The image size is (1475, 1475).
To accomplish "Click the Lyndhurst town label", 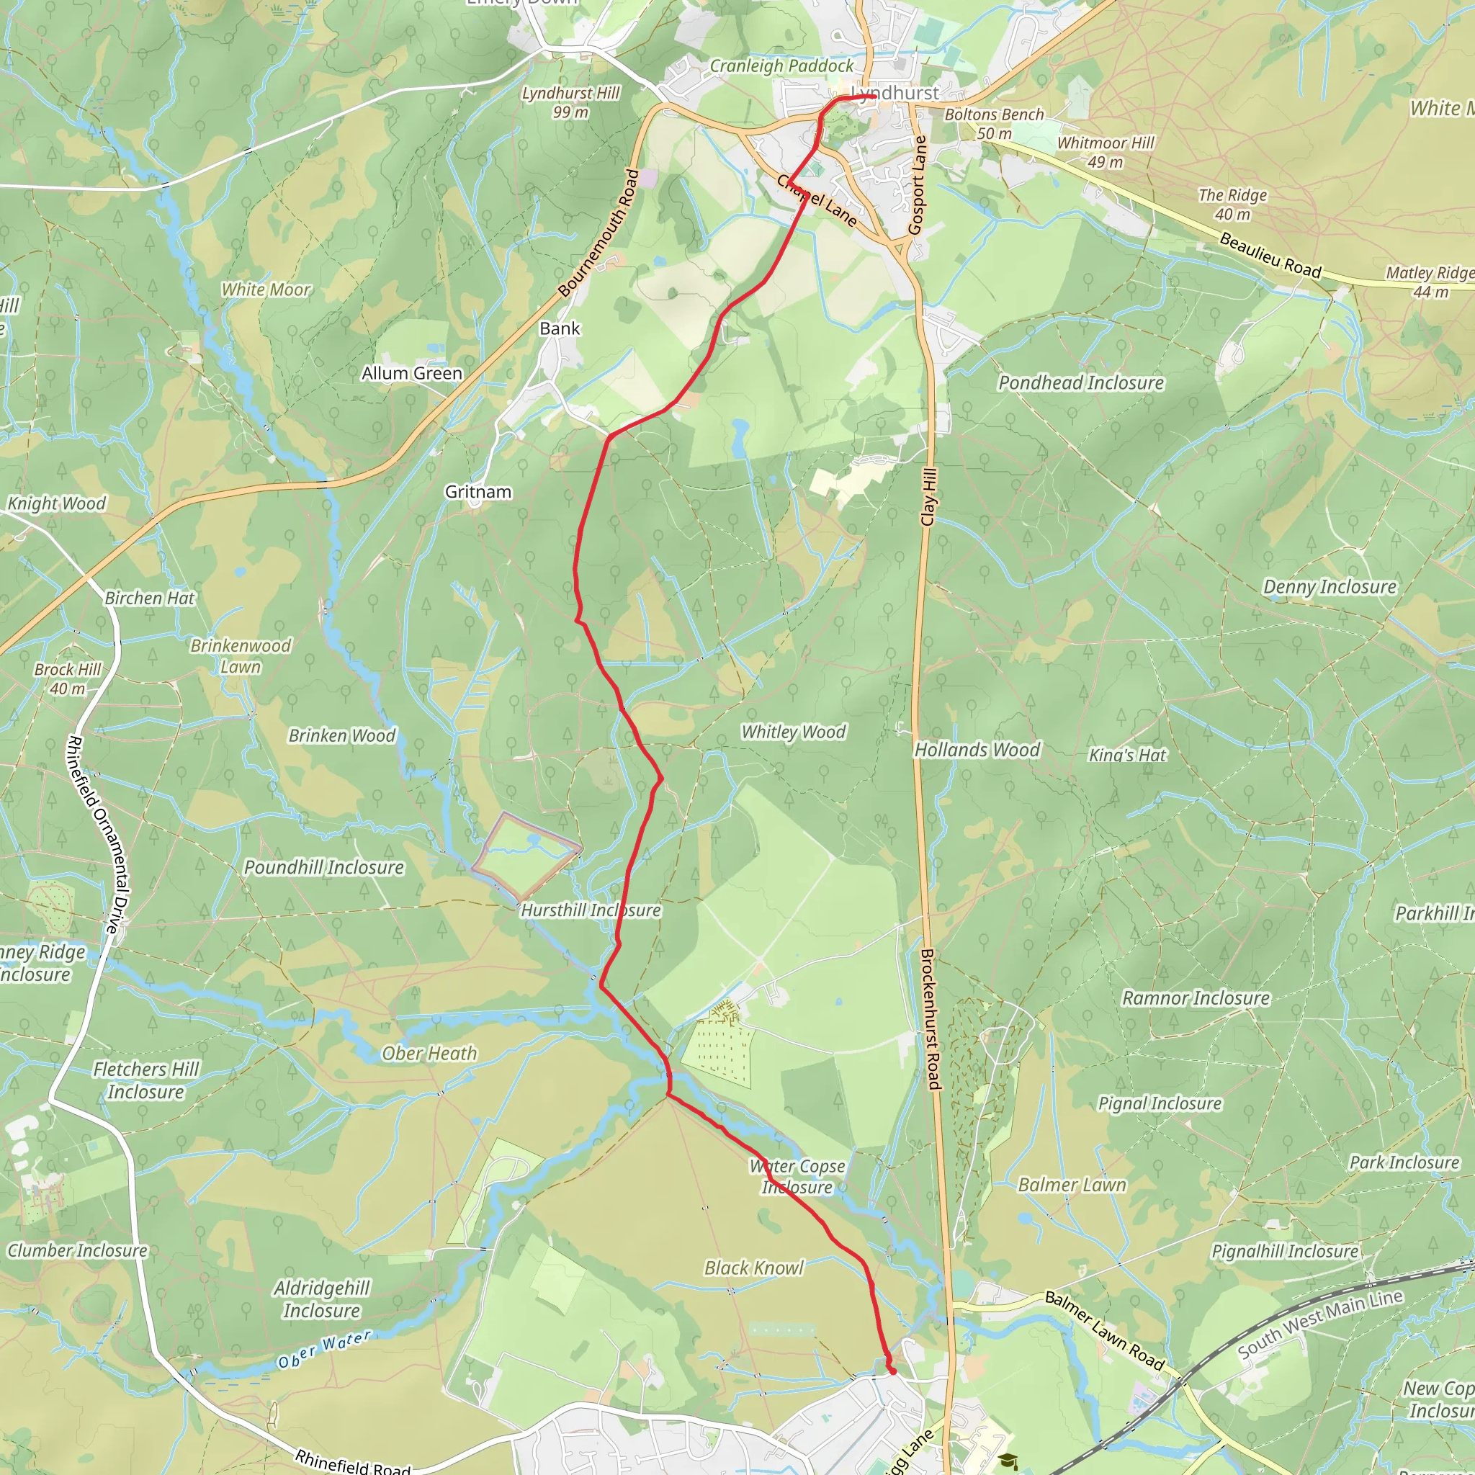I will pos(895,93).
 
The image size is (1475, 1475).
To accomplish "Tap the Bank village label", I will pos(560,328).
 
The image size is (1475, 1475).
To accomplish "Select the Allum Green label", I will pos(411,373).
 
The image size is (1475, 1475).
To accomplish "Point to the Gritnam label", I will pos(478,492).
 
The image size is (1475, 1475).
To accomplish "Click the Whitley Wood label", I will pos(793,732).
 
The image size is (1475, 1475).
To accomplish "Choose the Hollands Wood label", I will pos(977,750).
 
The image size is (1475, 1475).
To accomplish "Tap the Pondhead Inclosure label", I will pos(1081,382).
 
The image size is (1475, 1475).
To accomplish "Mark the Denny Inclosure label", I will pos(1330,586).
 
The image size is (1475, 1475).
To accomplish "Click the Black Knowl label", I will pos(753,1268).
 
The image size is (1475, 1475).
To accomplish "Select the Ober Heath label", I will pos(429,1054).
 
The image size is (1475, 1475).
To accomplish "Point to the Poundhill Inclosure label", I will pos(323,867).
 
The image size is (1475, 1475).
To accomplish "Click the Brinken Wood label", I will pos(341,736).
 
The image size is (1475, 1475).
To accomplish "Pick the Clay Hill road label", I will pos(928,497).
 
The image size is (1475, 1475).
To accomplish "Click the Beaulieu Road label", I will pos(1270,256).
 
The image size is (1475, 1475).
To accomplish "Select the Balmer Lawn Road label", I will pos(1104,1331).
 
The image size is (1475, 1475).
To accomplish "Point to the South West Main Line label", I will pos(1320,1324).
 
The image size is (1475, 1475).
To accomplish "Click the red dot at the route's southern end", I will pos(892,1372).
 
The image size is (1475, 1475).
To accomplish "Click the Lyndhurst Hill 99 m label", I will pos(570,102).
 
